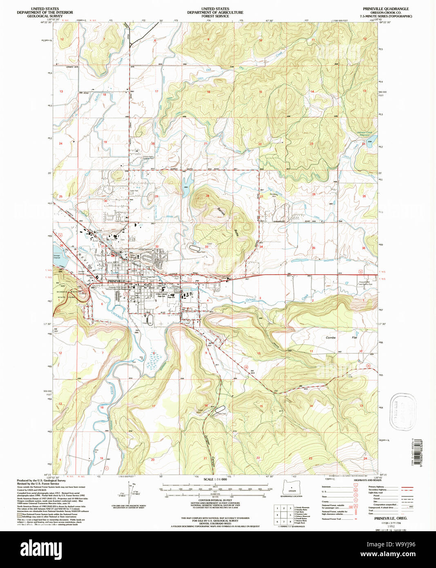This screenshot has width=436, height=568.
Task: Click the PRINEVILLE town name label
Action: [x=116, y=282]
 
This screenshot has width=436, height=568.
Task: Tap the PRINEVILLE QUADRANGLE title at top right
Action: [x=385, y=9]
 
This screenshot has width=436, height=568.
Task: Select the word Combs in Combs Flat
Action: [x=330, y=338]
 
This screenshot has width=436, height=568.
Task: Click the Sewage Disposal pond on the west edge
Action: [x=56, y=250]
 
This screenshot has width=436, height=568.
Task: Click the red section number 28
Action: [x=208, y=196]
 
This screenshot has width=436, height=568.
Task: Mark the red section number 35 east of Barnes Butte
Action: [x=313, y=248]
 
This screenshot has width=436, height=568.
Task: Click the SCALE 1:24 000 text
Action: [x=215, y=479]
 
